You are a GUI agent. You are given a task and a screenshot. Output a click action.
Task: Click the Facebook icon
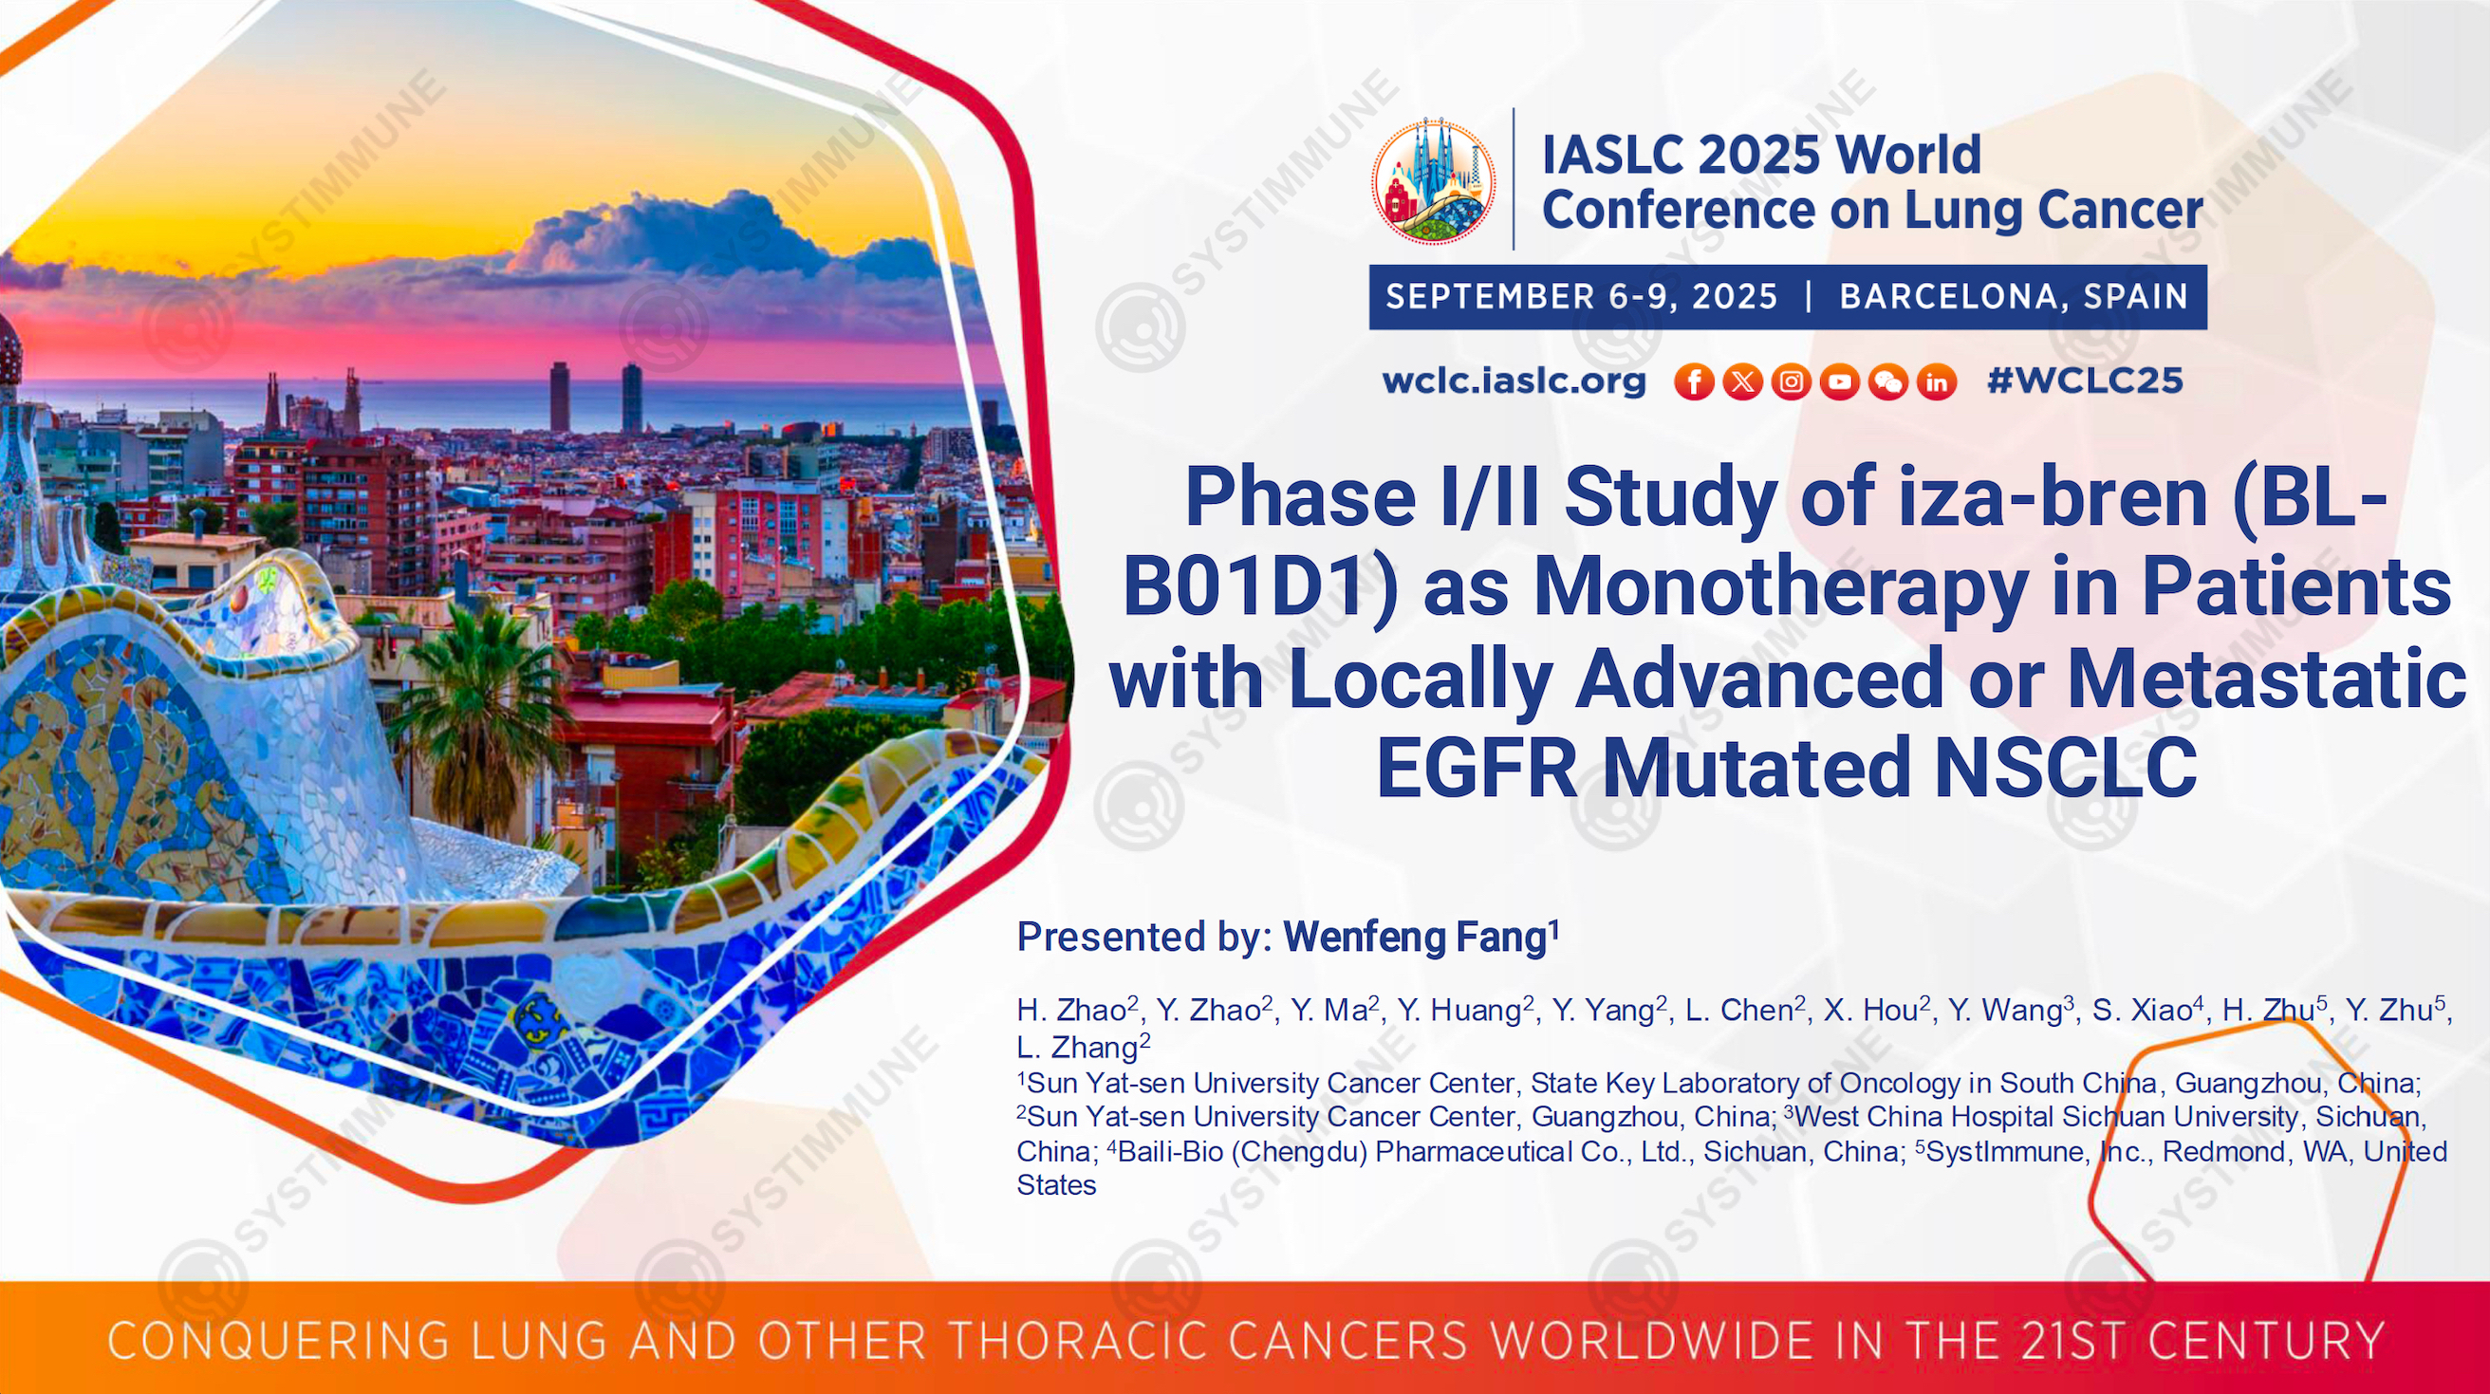(1694, 381)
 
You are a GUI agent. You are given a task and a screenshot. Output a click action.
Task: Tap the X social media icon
(1742, 381)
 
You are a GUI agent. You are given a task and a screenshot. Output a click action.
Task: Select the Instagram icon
(1792, 381)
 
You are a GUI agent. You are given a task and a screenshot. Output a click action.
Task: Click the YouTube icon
(1839, 381)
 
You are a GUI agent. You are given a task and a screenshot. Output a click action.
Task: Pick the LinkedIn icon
(1937, 381)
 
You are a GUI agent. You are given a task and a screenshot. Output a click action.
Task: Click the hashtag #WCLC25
(2085, 381)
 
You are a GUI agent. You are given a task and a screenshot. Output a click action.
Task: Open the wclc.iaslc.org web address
(1514, 381)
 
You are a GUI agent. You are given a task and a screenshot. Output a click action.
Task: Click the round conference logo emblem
(1434, 182)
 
